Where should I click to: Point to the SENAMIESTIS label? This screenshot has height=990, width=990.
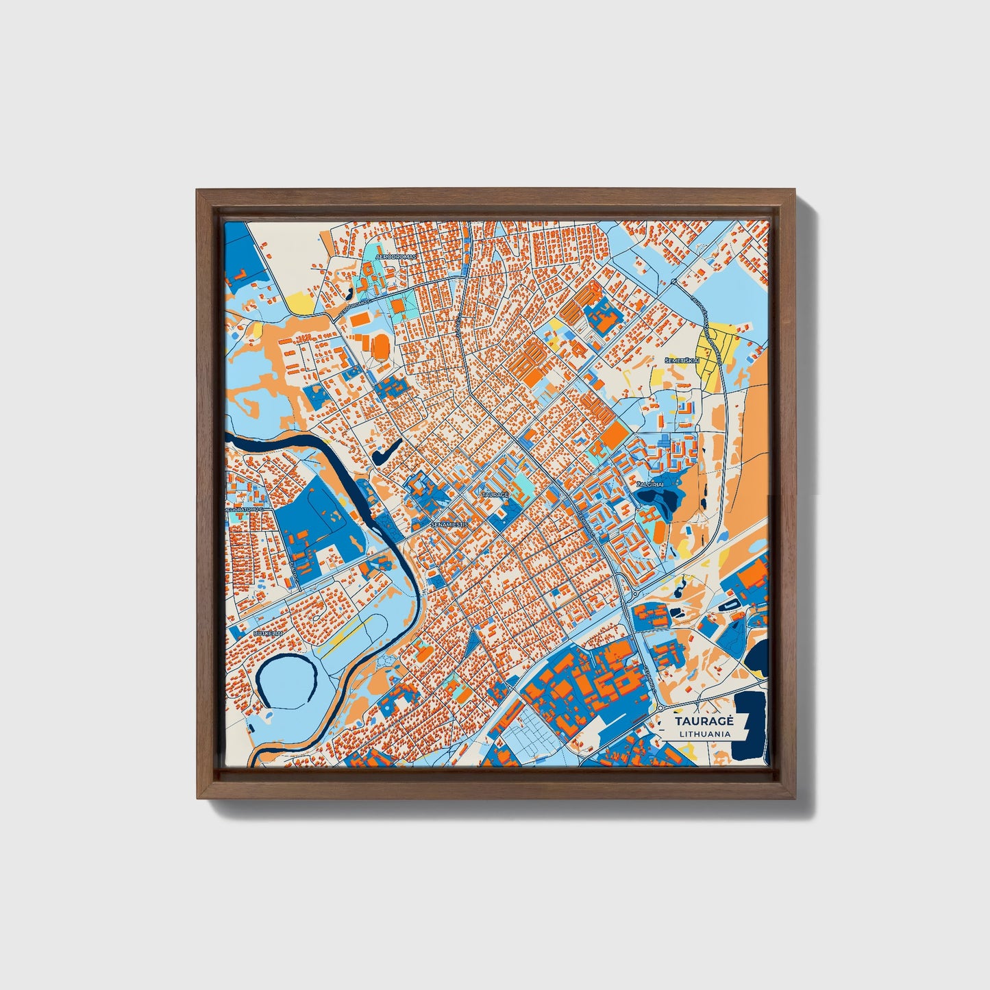449,524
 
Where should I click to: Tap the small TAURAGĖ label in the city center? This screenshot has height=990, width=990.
495,494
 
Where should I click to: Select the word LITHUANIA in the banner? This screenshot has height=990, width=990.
704,734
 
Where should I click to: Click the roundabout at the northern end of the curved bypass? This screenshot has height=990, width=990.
674,282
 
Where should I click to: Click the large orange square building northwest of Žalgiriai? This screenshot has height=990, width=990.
615,434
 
